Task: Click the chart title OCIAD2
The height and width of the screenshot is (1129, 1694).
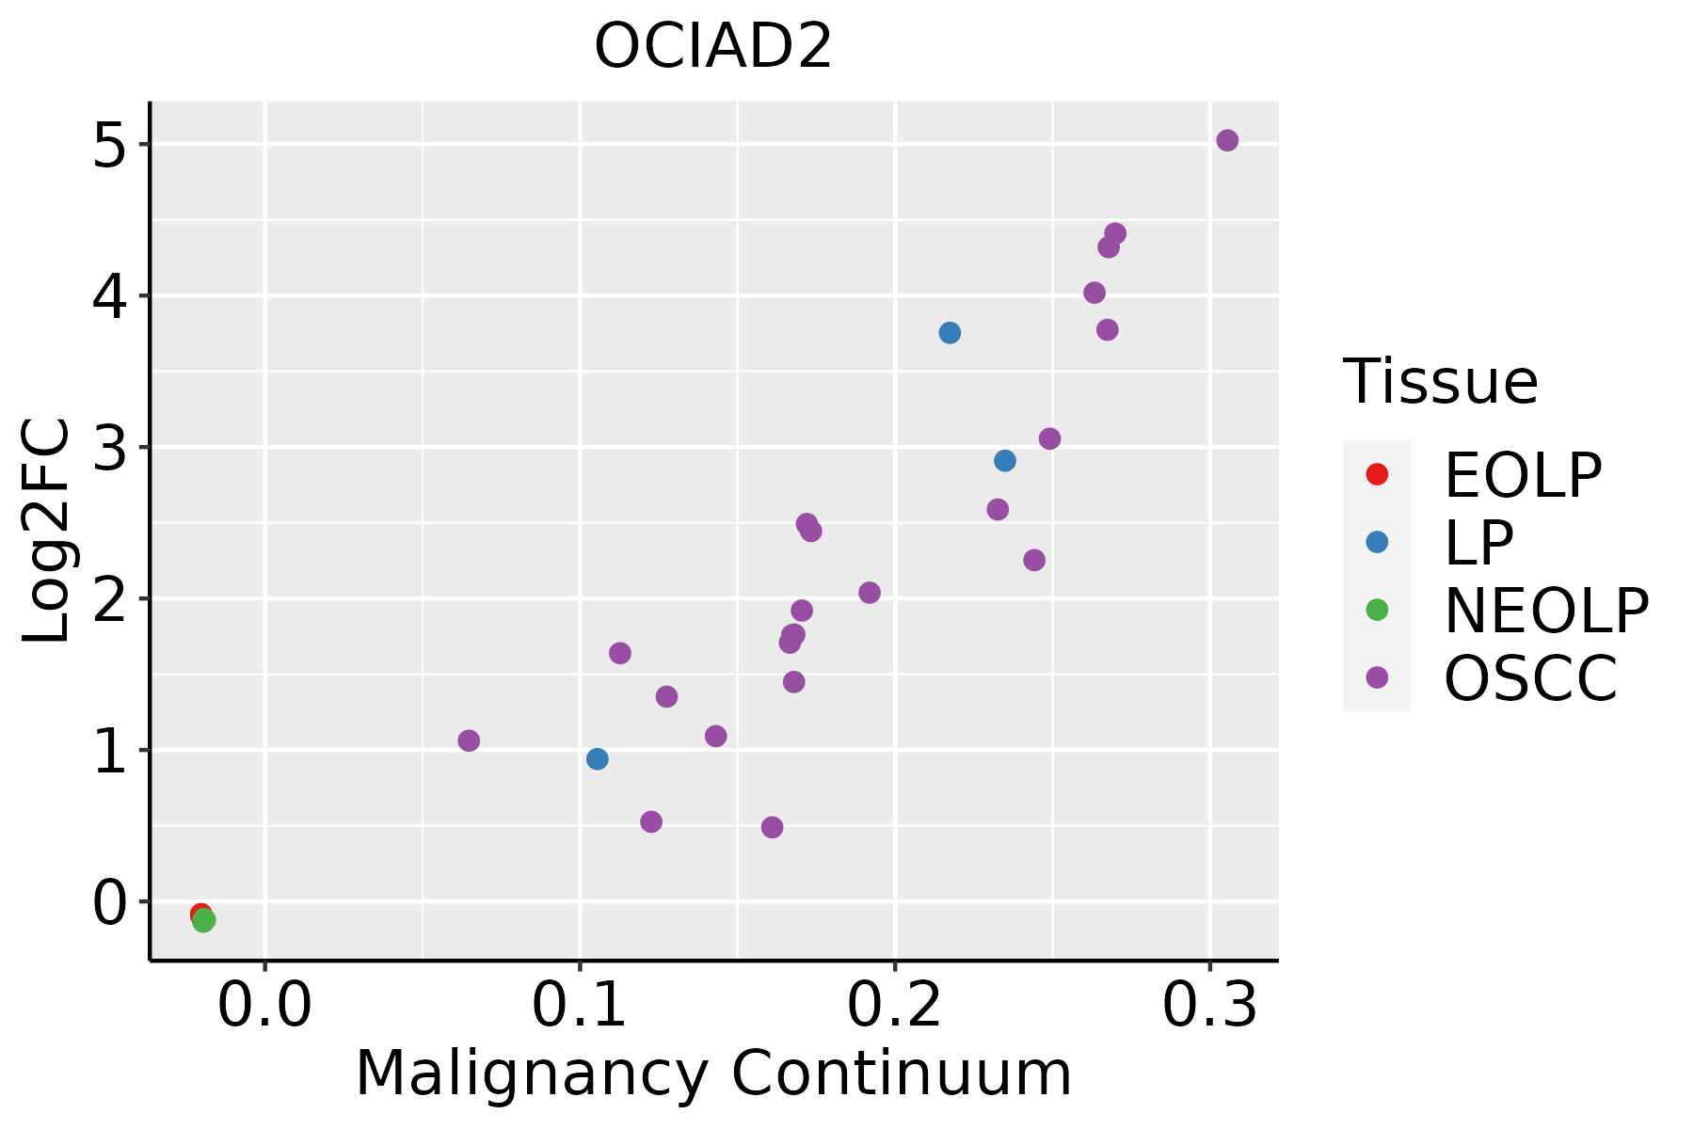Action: click(x=713, y=47)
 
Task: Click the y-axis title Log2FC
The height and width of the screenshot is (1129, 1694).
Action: click(x=47, y=531)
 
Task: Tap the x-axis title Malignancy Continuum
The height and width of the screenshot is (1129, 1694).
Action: click(x=713, y=1073)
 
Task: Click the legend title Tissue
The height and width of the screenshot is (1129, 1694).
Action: click(x=1440, y=382)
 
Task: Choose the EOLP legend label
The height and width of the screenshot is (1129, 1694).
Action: click(x=1522, y=475)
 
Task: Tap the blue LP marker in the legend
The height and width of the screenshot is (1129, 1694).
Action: click(x=1377, y=542)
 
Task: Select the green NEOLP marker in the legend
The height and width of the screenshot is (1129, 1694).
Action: click(x=1377, y=610)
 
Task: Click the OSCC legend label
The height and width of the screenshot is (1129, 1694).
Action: click(x=1530, y=678)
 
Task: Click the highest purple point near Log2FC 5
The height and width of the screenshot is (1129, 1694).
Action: click(x=1227, y=140)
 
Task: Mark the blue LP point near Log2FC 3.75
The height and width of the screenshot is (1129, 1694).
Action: click(x=950, y=333)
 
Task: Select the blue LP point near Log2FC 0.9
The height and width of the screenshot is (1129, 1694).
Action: click(x=597, y=759)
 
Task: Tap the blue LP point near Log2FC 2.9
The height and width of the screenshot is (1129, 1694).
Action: click(x=1005, y=461)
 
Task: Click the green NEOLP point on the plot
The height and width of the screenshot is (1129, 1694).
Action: click(x=204, y=920)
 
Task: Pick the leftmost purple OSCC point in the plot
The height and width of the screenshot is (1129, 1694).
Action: click(x=469, y=740)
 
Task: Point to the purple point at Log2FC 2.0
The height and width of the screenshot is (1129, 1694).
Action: click(x=870, y=593)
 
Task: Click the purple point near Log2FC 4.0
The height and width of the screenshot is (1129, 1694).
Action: click(x=1095, y=293)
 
